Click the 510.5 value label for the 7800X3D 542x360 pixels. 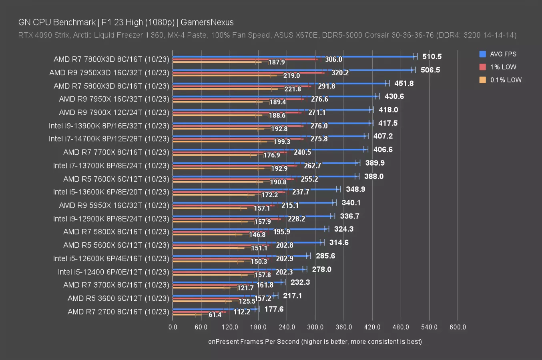432,57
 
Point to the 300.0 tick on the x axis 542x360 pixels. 315,327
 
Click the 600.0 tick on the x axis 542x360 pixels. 458,327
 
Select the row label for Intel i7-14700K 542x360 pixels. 109,139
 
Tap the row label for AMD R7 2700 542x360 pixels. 118,312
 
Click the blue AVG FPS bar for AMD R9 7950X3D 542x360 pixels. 292,70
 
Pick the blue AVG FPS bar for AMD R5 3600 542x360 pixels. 224,296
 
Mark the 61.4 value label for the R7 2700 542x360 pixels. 215,315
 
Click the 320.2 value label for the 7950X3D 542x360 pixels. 340,73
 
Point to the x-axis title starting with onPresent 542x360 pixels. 315,342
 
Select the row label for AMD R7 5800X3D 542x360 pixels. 111,86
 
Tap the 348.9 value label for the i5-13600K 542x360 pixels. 355,190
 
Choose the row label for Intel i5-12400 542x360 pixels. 113,272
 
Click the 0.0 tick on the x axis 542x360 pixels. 173,327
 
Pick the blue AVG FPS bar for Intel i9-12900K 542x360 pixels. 252,216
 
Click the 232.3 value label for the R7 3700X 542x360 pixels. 300,282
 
